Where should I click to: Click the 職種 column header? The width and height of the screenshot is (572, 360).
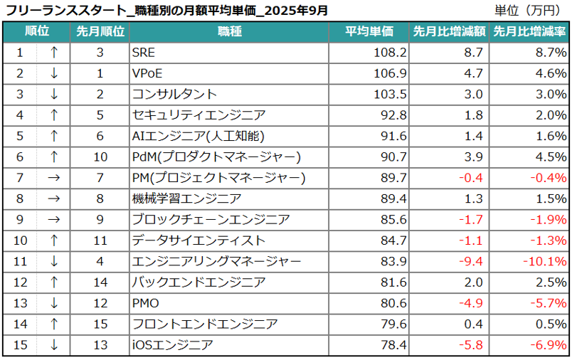tap(229, 32)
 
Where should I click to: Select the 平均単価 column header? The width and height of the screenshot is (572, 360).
tap(369, 32)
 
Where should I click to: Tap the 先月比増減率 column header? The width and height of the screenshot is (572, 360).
tap(530, 32)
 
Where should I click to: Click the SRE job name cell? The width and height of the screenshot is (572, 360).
tap(143, 53)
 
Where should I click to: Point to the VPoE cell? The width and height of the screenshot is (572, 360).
tap(148, 73)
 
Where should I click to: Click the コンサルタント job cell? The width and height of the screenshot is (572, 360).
tap(174, 95)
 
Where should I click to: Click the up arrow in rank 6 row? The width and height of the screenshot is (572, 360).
tap(54, 157)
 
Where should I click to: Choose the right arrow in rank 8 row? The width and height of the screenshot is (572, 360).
tap(54, 199)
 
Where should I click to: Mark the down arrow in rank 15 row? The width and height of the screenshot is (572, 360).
tap(54, 346)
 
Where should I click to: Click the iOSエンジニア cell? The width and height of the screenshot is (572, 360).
tap(172, 346)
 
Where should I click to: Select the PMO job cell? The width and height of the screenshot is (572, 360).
tap(147, 304)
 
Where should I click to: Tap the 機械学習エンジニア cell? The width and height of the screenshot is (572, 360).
tap(187, 199)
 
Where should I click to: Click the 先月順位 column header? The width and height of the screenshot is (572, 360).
tap(100, 32)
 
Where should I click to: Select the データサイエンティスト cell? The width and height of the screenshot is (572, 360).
tap(198, 241)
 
